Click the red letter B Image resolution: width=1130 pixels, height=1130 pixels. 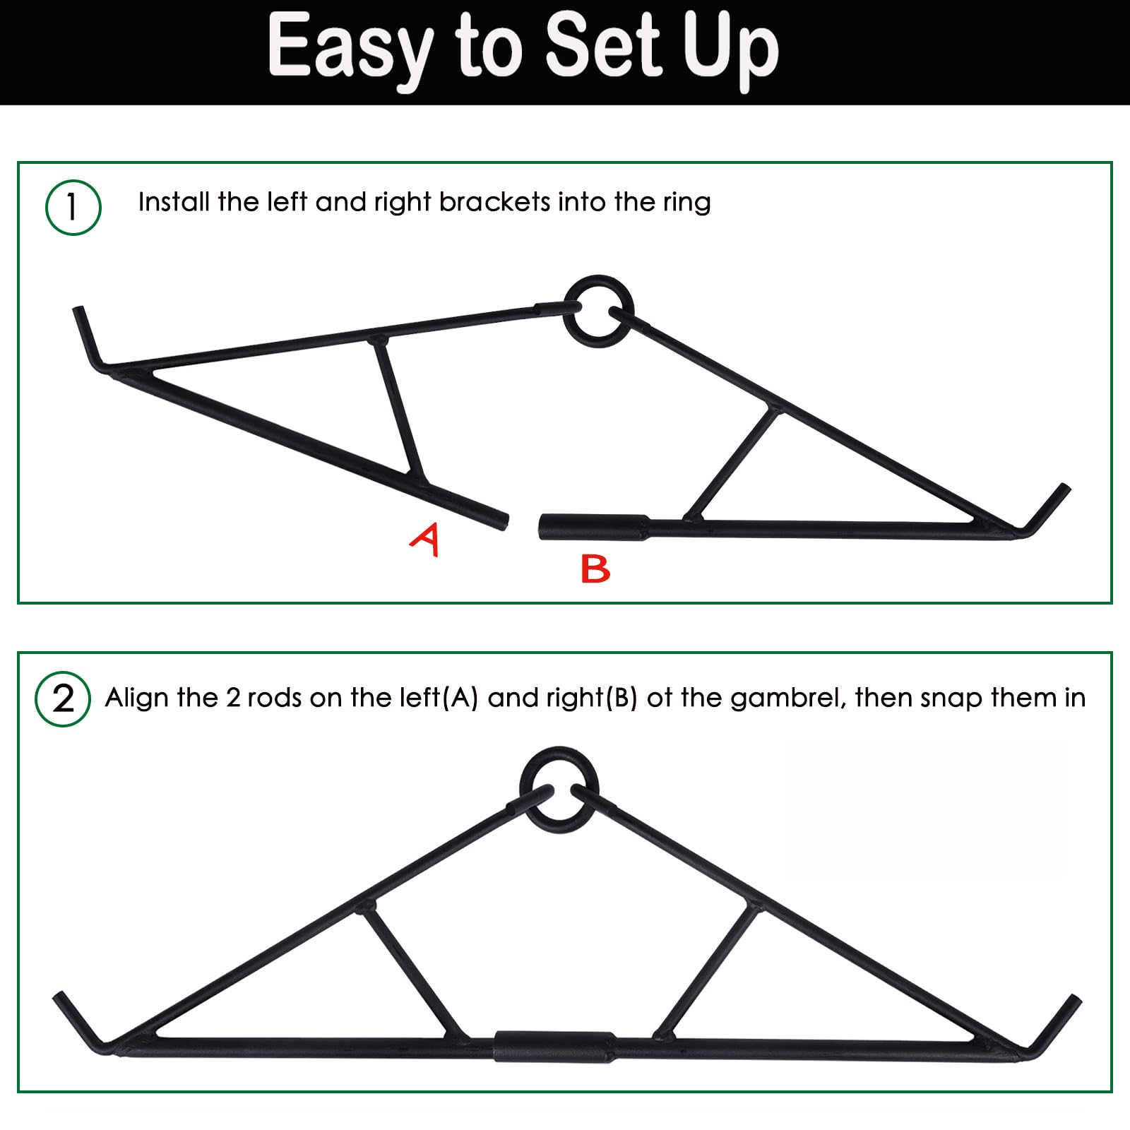(x=595, y=569)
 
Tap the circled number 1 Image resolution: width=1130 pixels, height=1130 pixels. (x=73, y=208)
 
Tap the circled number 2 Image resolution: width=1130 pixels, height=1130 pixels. (x=63, y=699)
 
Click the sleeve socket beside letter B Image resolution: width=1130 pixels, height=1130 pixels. (x=594, y=528)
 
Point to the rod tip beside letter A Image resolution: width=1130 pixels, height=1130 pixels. (x=503, y=522)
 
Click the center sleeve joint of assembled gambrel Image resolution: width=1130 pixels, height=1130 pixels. (x=554, y=1047)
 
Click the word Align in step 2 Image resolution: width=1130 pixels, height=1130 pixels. (x=137, y=699)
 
